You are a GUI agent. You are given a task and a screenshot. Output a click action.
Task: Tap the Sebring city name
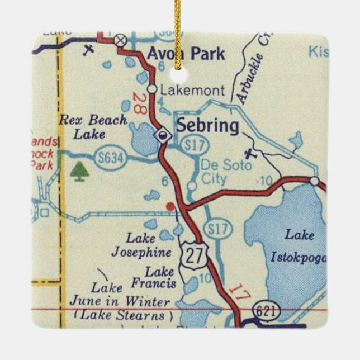(207, 125)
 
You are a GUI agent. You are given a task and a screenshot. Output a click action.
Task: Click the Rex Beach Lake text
(93, 126)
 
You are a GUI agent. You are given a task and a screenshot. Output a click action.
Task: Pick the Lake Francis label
(160, 278)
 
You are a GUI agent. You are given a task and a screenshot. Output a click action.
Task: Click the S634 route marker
(107, 158)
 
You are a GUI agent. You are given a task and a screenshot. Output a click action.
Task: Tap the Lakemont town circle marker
(151, 89)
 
